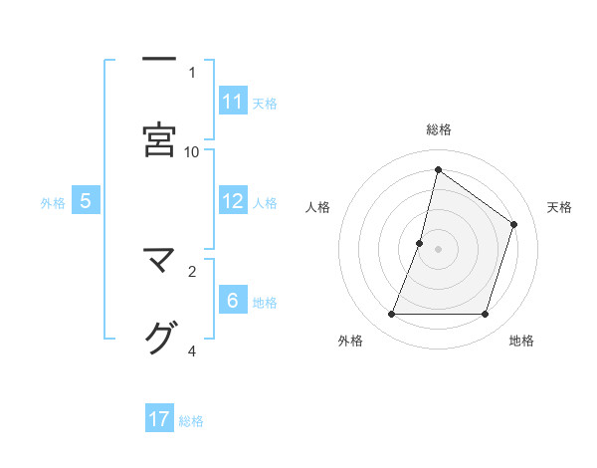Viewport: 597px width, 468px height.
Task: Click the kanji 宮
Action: pos(158,139)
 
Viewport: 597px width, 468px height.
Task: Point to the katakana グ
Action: pos(158,339)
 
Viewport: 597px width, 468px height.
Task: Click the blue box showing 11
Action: pos(233,102)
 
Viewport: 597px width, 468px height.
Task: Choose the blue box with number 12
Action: pos(233,201)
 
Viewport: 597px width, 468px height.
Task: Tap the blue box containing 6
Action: pos(233,301)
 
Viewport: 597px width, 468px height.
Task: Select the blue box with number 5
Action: pos(86,201)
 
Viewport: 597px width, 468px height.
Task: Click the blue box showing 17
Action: pos(159,419)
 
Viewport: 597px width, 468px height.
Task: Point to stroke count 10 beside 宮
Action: pos(192,151)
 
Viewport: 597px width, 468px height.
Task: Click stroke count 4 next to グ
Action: pos(192,351)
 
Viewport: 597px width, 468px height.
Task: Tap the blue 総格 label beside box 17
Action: pos(191,420)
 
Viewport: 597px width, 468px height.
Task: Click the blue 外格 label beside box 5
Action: pos(53,202)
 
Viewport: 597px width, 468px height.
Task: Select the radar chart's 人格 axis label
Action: pos(317,207)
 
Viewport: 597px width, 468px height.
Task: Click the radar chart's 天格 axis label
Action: pos(559,207)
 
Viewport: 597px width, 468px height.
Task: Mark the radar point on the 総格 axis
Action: pos(438,169)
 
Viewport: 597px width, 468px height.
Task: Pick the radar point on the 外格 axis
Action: pos(391,315)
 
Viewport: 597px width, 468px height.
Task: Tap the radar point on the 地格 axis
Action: pos(485,315)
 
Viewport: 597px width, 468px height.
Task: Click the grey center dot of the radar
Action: pos(438,249)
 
